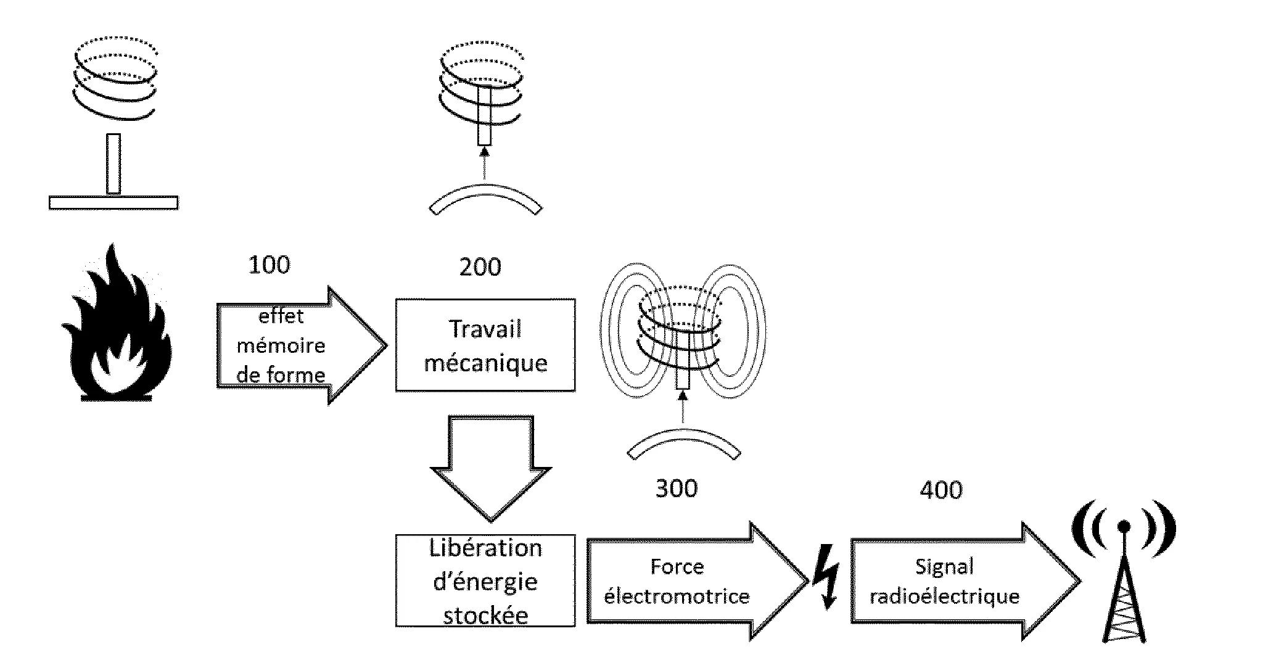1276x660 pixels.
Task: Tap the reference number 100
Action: pos(269,265)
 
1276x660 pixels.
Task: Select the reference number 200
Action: pos(480,267)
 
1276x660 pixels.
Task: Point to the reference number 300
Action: pos(676,489)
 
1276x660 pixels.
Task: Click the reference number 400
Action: pos(941,490)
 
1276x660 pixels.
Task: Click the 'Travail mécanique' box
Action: pos(485,345)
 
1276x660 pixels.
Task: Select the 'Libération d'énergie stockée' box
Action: pos(485,581)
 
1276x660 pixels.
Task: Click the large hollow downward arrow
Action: pos(490,469)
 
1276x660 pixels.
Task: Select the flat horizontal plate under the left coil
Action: pos(113,202)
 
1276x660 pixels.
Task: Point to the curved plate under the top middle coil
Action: pos(485,200)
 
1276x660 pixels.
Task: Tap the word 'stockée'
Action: pos(485,616)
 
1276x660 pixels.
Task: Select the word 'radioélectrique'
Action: pos(944,596)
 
